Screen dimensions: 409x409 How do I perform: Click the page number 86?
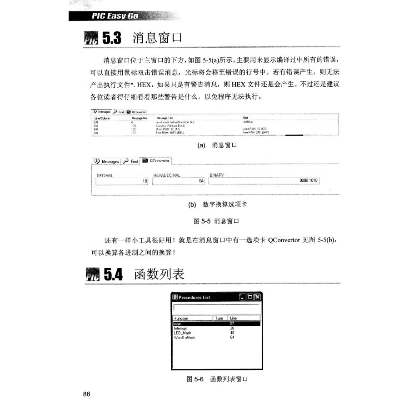tap(87, 394)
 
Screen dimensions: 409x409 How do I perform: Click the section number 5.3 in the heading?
tap(113, 38)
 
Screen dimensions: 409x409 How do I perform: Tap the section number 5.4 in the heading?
tap(114, 275)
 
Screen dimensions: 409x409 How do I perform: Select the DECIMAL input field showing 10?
tap(122, 181)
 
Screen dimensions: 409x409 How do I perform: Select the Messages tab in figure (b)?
tap(106, 161)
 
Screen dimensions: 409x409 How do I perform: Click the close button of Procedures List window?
tap(258, 297)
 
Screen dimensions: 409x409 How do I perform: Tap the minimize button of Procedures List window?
tap(243, 297)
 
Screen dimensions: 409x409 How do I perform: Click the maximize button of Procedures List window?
tap(250, 297)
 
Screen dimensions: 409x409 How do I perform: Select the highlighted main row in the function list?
tap(216, 324)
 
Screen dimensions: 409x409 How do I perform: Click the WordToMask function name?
tap(185, 337)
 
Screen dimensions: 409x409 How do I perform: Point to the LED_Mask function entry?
tap(183, 333)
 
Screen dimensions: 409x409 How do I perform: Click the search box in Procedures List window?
tap(216, 309)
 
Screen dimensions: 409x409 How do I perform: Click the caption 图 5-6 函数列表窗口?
tap(217, 379)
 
